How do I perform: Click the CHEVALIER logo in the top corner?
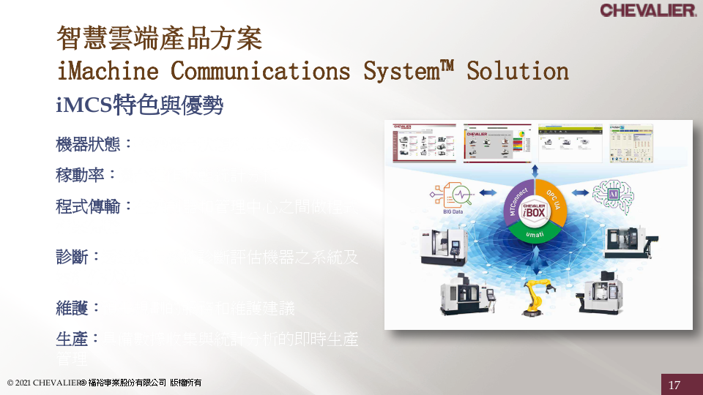click(648, 10)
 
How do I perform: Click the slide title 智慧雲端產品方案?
click(159, 38)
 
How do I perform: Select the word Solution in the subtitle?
click(518, 71)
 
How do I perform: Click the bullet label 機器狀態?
click(89, 144)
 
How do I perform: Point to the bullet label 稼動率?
click(81, 175)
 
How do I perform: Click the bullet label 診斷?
click(72, 257)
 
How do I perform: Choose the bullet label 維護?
click(72, 308)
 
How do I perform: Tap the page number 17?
click(674, 385)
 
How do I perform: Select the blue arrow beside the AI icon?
click(580, 192)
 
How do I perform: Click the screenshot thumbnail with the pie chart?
click(497, 143)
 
